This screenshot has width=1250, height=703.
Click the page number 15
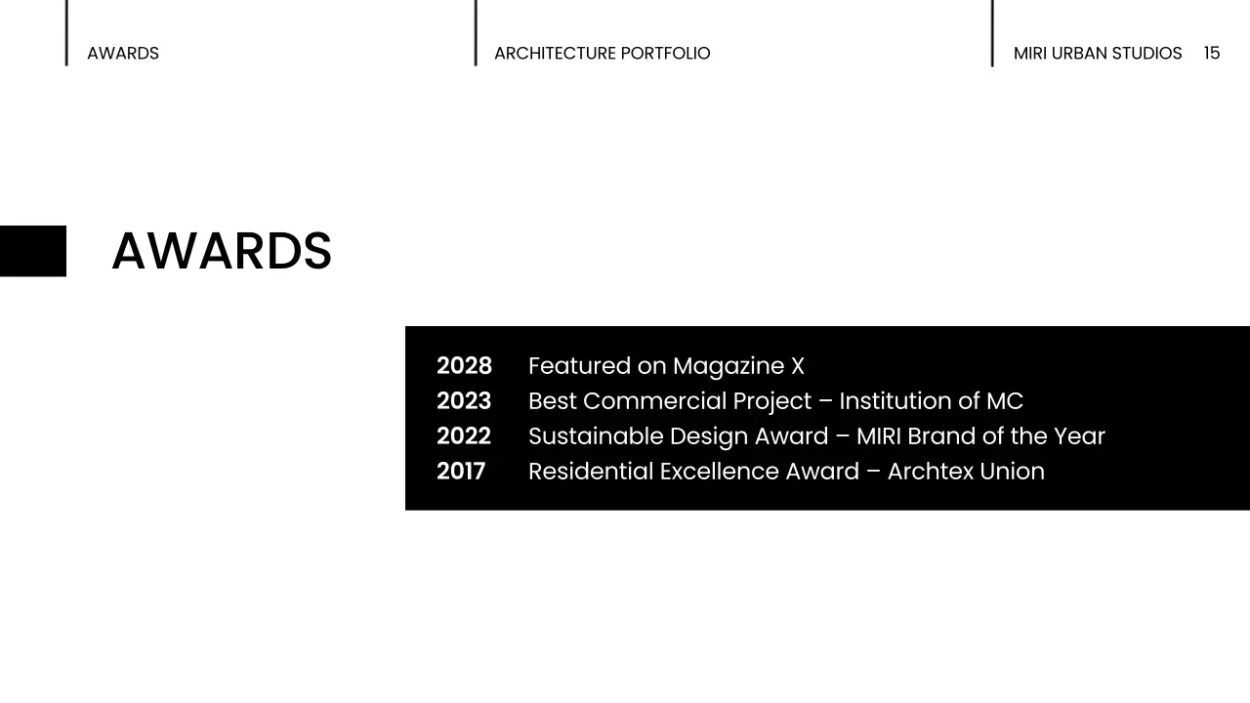coord(1212,53)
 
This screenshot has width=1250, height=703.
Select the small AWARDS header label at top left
coord(123,54)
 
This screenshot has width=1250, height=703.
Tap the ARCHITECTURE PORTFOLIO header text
coord(602,54)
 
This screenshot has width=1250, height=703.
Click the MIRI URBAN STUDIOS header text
coord(1098,54)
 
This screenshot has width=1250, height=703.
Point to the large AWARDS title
coord(222,252)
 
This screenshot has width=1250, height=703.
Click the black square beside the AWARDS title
coord(33,251)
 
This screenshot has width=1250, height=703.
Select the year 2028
coord(464,366)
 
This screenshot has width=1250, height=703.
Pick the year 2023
coord(464,401)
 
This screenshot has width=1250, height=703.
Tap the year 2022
coord(464,436)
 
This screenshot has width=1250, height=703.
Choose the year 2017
coord(461,472)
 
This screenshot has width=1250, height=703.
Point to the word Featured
coord(579,366)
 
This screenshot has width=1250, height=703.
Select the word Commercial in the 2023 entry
coord(654,401)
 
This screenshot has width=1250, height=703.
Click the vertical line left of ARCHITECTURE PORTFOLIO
coord(476,33)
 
